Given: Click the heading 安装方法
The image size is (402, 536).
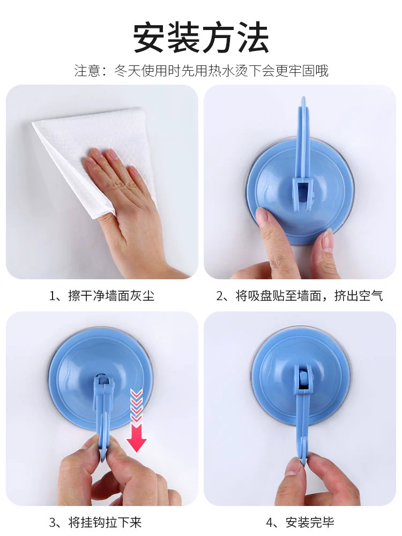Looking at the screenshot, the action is tap(201, 38).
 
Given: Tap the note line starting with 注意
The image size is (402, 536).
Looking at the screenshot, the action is tap(202, 71).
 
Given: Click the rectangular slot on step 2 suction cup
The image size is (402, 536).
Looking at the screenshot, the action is tap(303, 191).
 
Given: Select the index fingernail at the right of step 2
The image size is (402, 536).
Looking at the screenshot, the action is tap(327, 239).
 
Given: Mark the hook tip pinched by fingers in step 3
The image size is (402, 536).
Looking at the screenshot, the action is tap(104, 444).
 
